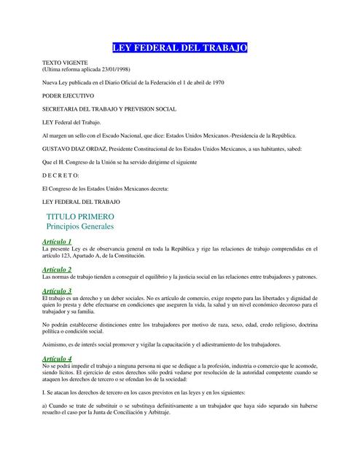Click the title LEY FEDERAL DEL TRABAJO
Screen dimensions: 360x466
(179, 48)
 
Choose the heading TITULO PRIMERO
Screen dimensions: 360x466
(80, 217)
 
